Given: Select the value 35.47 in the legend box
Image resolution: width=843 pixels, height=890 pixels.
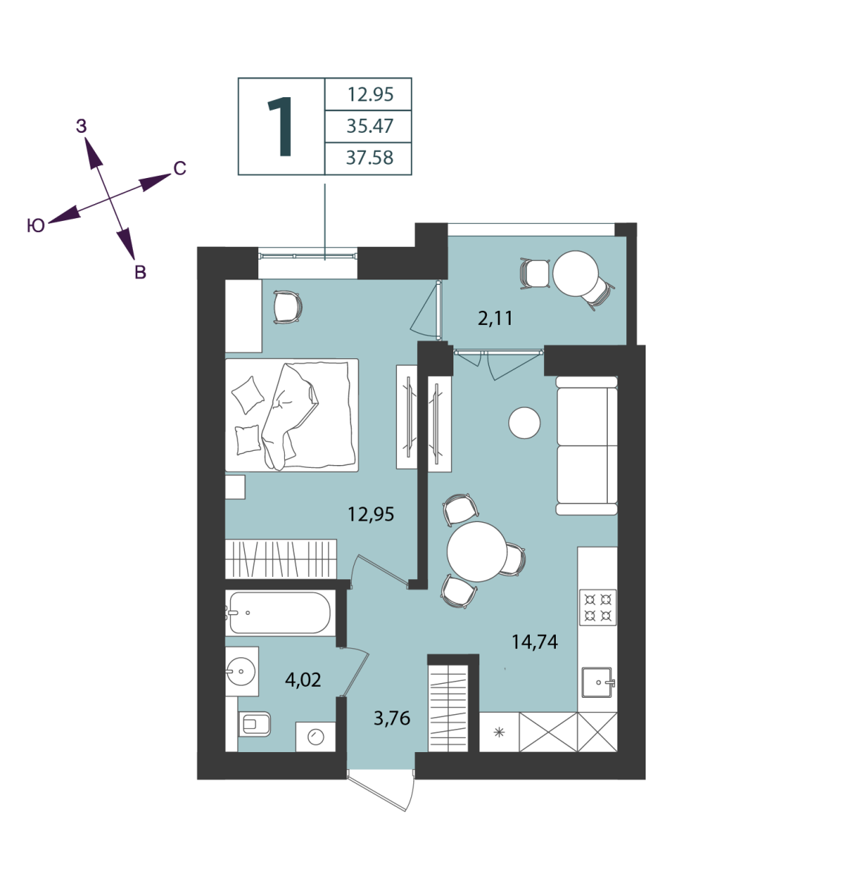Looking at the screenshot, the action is click(370, 126).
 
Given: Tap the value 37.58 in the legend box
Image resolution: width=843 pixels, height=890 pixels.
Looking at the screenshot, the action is click(370, 158).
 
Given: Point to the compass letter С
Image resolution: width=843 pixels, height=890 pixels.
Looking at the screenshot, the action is click(180, 168).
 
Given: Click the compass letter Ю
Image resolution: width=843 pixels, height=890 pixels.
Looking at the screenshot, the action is click(36, 225).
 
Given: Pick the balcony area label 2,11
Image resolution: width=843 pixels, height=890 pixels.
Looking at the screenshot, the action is click(496, 319).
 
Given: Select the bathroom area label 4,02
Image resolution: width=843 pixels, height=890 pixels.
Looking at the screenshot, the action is click(303, 679).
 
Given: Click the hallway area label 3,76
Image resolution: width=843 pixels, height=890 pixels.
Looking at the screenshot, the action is click(392, 718).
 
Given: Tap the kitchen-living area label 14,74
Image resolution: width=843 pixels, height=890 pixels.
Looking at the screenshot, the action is click(534, 642).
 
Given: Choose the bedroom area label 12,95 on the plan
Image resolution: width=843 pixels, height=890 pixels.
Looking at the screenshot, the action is click(370, 514).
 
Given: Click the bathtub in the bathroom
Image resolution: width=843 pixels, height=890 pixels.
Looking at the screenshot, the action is click(280, 613).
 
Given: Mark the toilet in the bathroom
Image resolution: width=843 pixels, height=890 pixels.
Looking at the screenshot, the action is click(254, 724).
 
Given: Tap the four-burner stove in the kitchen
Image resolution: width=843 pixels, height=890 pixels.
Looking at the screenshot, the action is click(597, 607).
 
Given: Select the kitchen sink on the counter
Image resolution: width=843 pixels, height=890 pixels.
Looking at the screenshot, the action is click(598, 682).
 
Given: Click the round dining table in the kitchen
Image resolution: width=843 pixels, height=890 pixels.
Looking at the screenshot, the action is click(477, 552).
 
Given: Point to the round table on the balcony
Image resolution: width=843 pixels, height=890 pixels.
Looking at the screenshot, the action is click(576, 274).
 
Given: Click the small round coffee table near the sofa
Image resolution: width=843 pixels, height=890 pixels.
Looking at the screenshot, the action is click(525, 423).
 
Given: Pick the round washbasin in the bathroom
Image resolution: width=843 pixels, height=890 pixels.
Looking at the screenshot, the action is click(240, 671).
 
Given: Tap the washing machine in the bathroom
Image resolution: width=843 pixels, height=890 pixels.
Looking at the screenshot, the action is click(315, 737).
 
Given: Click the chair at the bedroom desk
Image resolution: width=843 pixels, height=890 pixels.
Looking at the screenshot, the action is click(288, 307).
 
